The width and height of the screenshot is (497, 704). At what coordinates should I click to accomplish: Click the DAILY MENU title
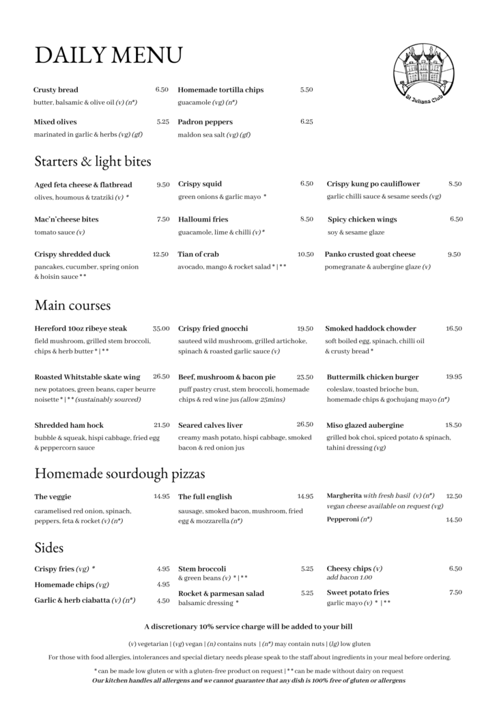click(108, 55)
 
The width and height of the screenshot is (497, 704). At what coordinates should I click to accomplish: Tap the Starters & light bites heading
click(93, 162)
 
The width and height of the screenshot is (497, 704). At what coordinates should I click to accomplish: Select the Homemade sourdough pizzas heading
click(119, 473)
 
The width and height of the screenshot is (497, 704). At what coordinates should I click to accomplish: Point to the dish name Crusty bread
click(56, 90)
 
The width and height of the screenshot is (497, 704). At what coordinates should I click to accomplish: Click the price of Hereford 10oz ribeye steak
click(161, 328)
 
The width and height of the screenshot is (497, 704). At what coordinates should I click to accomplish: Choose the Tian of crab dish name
click(198, 254)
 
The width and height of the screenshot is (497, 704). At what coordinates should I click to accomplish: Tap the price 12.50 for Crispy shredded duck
click(160, 254)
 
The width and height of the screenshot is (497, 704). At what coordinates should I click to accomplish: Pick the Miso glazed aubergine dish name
click(365, 425)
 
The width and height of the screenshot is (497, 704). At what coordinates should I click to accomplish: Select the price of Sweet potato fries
click(455, 592)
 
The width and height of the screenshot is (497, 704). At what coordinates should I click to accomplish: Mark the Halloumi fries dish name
click(204, 219)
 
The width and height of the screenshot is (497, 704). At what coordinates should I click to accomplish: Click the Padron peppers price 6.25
click(306, 122)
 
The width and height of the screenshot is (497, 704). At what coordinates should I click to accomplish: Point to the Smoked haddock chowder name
click(370, 329)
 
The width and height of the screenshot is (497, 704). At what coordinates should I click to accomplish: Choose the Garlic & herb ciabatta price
click(163, 601)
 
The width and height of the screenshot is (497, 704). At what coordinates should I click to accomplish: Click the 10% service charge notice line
click(248, 626)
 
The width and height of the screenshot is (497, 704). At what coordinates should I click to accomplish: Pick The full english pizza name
click(205, 497)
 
